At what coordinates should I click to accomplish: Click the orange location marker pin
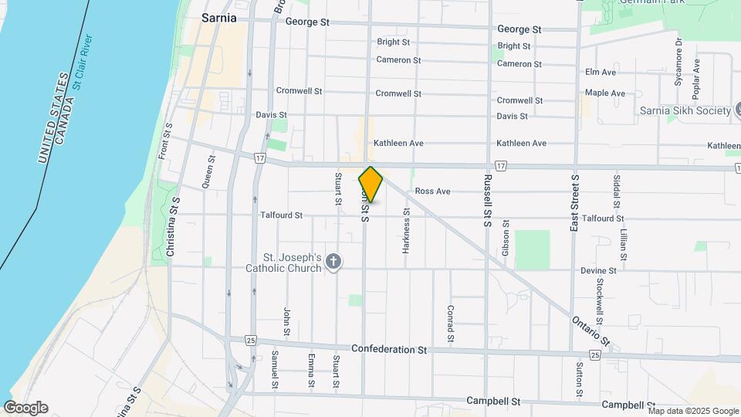[370, 185]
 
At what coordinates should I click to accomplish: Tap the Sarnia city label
[218, 17]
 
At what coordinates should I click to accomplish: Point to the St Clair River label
[83, 62]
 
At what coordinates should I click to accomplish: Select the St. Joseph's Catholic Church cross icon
[333, 262]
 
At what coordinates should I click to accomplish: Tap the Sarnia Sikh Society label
[685, 111]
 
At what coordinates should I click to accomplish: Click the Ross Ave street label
[432, 191]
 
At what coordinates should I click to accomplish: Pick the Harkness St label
[406, 231]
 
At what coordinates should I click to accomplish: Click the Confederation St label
[389, 350]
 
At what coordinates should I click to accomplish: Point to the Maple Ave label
[604, 93]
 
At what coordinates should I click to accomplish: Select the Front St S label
[164, 142]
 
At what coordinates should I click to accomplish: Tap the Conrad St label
[449, 324]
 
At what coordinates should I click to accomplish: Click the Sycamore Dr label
[679, 59]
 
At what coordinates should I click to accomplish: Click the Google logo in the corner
[25, 408]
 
